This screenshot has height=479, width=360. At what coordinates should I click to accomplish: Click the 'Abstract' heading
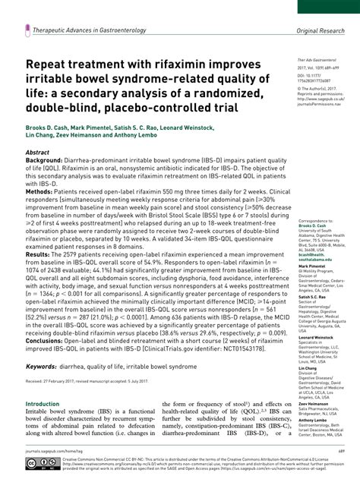(37, 152)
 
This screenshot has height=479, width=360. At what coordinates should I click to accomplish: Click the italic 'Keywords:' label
(44, 367)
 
